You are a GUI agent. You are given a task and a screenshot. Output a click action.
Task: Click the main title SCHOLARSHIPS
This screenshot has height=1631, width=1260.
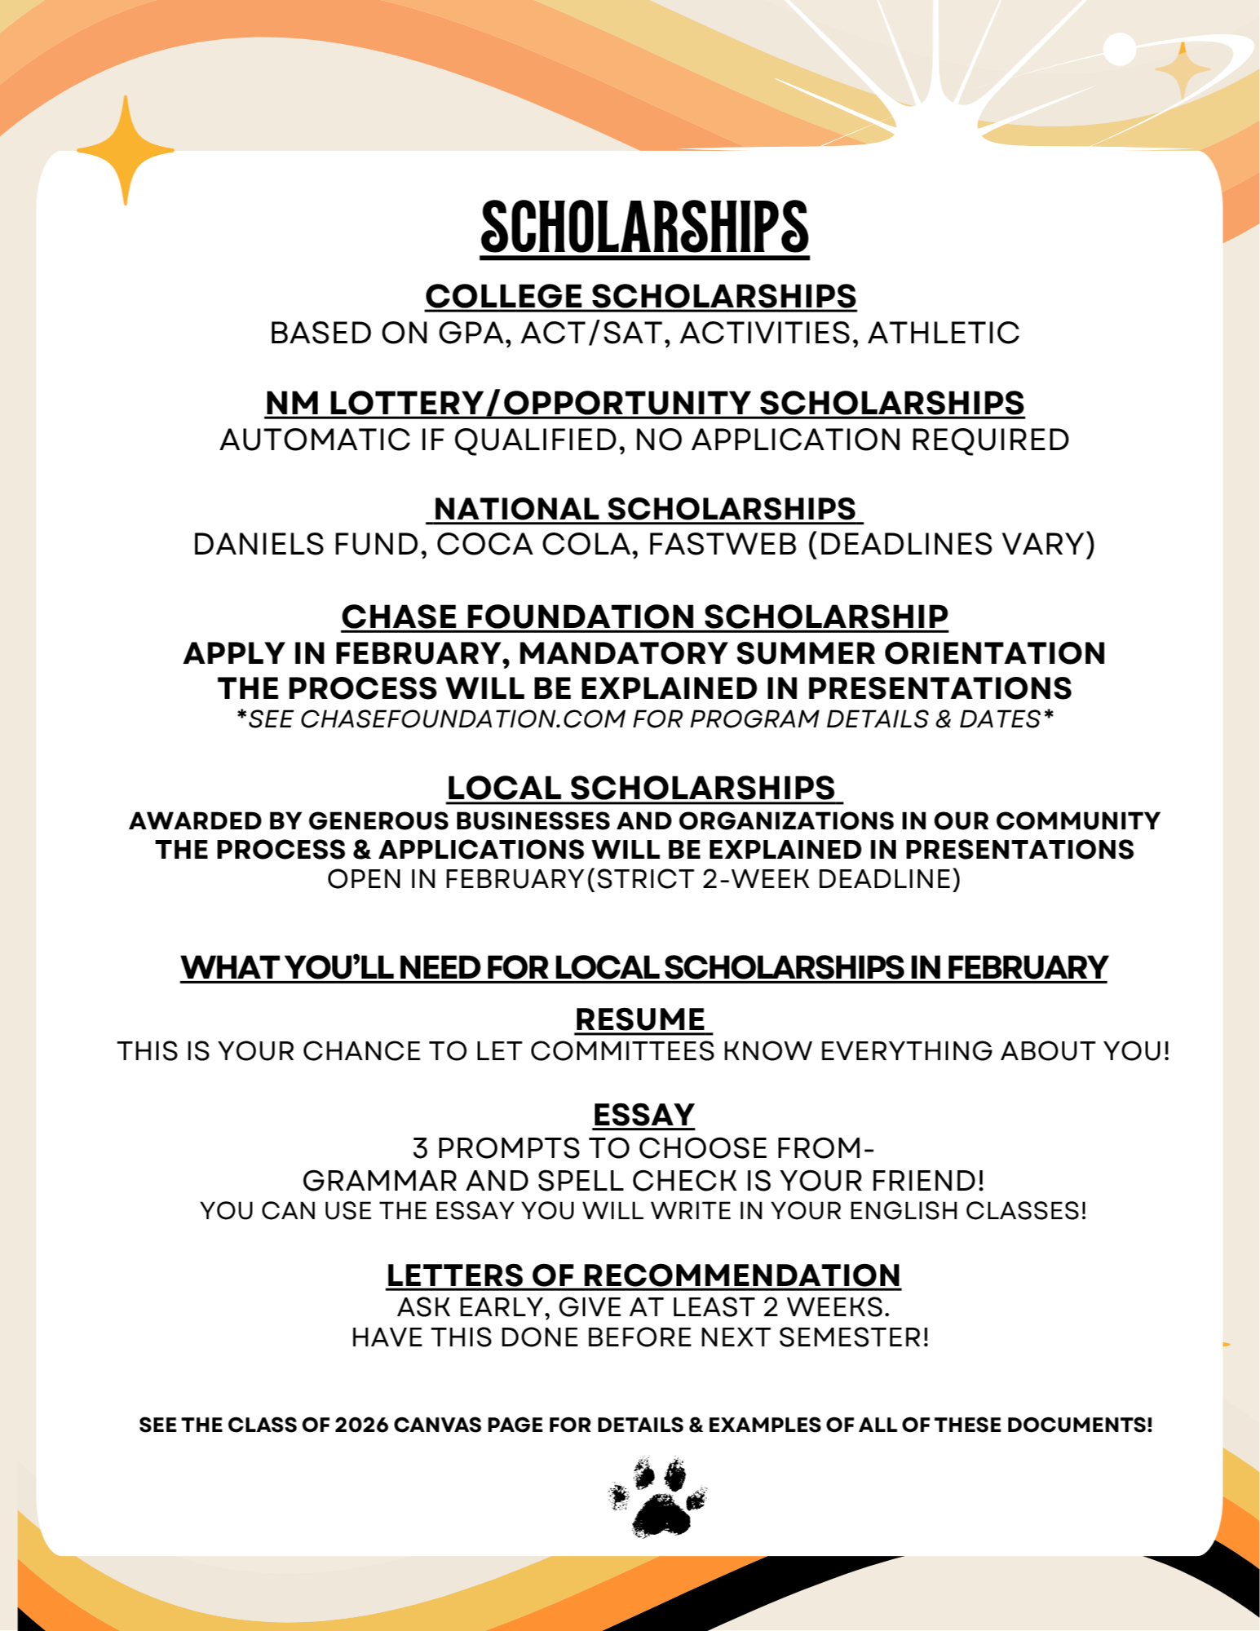coord(644,228)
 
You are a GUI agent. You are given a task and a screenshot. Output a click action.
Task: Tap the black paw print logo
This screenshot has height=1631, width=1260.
coord(657,1496)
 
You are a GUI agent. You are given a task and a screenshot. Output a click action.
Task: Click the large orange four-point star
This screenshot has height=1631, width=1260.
coord(126,151)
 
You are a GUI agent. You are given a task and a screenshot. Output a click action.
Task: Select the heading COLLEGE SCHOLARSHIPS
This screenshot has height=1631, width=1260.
coord(640,296)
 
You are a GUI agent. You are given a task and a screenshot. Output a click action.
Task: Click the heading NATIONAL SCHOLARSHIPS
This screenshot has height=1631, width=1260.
coord(644,509)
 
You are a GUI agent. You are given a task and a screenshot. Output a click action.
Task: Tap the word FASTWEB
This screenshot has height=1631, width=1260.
coord(722,544)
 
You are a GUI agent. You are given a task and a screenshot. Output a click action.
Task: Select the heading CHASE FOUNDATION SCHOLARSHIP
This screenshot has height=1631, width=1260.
coord(644,617)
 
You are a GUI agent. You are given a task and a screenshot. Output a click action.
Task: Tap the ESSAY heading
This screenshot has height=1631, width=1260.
coord(643,1115)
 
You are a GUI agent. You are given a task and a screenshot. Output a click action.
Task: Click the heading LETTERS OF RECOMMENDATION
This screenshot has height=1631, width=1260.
coord(643,1275)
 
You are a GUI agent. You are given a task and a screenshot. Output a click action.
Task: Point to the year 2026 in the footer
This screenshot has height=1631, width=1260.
coord(361,1425)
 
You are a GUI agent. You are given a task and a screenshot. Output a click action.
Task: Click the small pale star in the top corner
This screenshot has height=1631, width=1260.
coord(1182,71)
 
